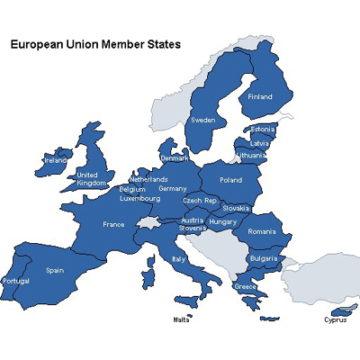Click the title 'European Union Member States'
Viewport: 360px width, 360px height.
point(94,42)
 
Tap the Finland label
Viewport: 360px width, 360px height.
point(260,97)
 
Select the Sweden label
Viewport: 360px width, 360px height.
point(202,120)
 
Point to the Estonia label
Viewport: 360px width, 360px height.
point(262,130)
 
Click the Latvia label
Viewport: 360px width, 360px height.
point(260,142)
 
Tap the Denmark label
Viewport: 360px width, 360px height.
point(175,158)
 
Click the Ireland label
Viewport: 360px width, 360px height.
point(55,161)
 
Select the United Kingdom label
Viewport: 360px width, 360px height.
point(91,179)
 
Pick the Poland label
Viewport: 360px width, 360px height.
point(230,180)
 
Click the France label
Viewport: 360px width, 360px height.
point(113,224)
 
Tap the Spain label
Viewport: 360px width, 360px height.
point(55,269)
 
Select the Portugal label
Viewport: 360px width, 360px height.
point(17,281)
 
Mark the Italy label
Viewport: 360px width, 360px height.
point(178,259)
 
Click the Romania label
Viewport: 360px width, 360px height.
point(261,231)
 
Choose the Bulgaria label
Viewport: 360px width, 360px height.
point(263,258)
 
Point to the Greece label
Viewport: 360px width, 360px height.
point(245,286)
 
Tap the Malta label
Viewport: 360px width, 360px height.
point(183,319)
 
